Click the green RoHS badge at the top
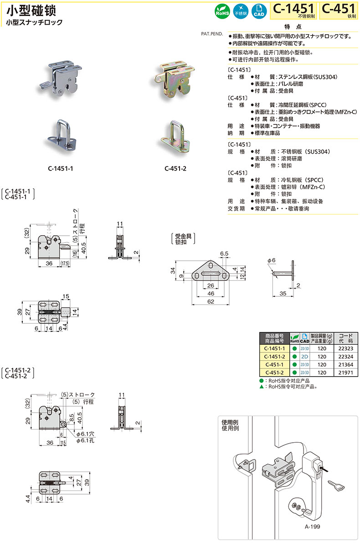pos(222,11)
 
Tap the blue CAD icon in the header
pos(258,11)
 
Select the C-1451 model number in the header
pos(293,9)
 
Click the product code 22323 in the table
pos(345,348)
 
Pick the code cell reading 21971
pos(345,372)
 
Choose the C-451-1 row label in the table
pos(274,365)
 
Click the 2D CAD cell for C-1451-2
pos(304,357)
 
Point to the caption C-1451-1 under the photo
pos(60,169)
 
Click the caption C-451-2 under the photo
pos(175,169)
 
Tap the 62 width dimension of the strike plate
pos(211,302)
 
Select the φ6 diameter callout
pos(272,260)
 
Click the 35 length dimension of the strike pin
pos(283,294)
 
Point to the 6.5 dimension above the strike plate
pos(224,254)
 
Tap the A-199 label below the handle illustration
pos(312,527)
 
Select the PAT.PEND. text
pos(212,34)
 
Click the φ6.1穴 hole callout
pos(86,434)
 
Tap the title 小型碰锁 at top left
pos(31,11)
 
